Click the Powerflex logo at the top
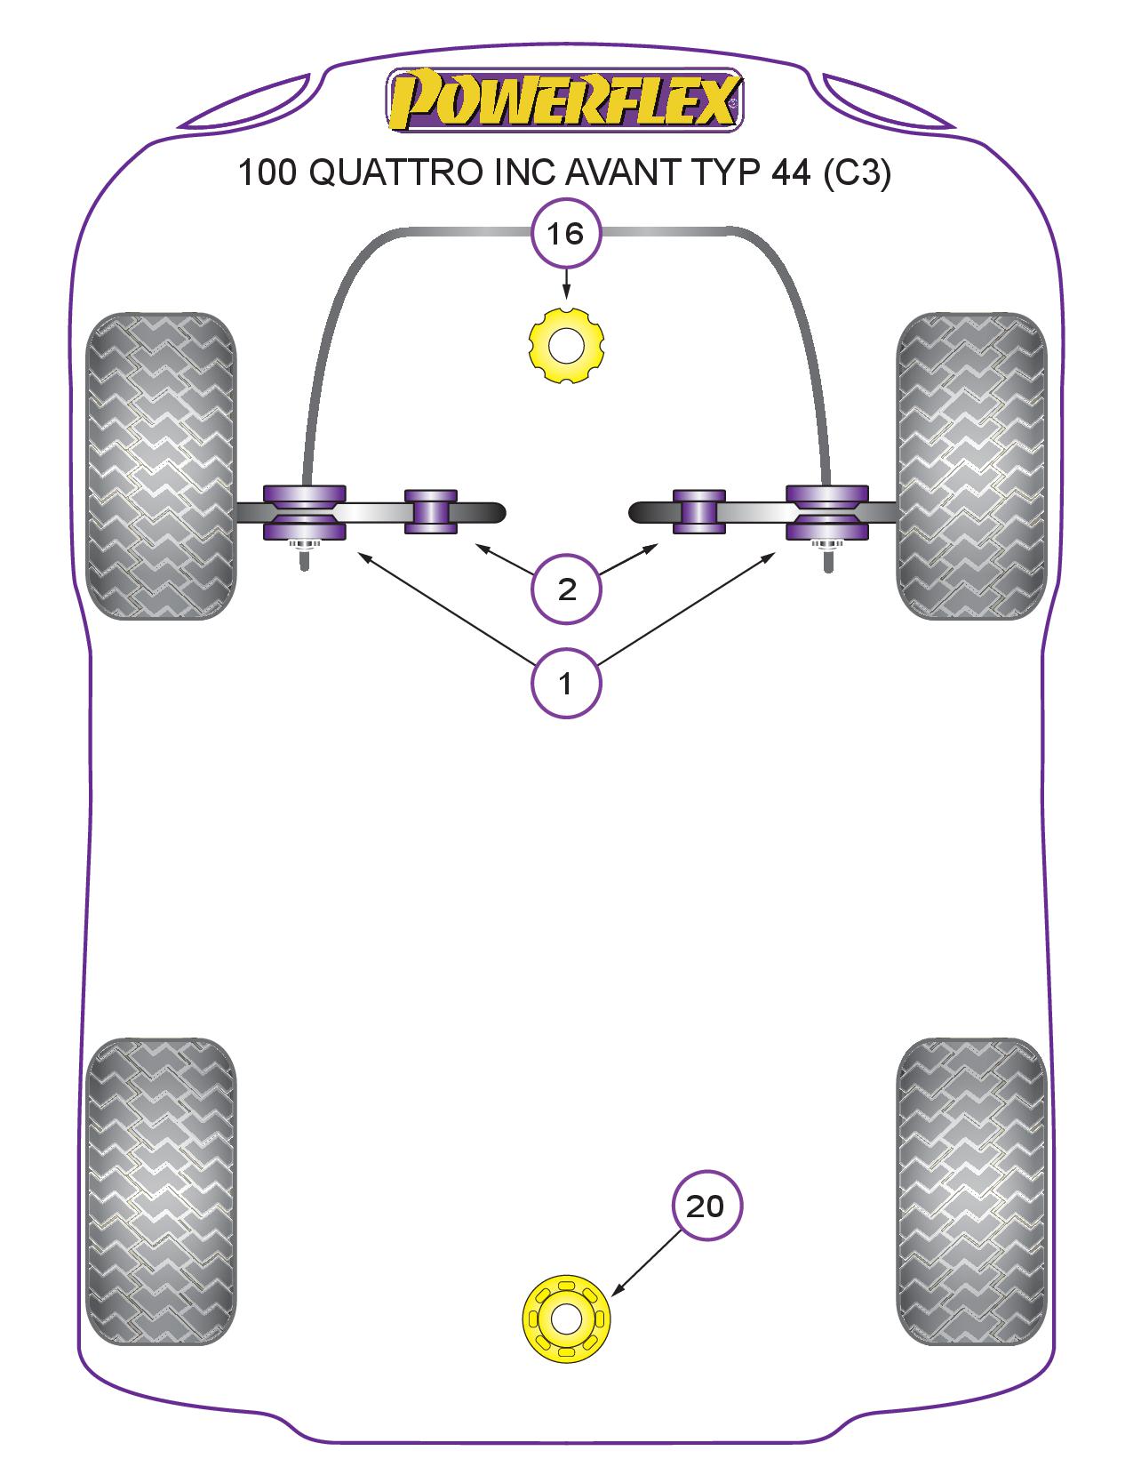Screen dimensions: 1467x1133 [x=564, y=100]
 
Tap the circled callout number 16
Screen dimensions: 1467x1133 [x=565, y=235]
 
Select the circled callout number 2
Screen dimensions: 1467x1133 [x=566, y=588]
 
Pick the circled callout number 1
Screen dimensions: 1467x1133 [x=565, y=684]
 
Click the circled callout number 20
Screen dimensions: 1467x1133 [x=706, y=1206]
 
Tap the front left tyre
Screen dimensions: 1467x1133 [x=162, y=465]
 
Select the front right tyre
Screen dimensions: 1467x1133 [x=971, y=465]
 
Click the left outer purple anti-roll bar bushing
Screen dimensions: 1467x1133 [x=304, y=512]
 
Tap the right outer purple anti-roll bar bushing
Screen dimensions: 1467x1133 [x=826, y=512]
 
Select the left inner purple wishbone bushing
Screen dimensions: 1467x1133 [x=431, y=511]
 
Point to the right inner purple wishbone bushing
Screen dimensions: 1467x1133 [x=699, y=511]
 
